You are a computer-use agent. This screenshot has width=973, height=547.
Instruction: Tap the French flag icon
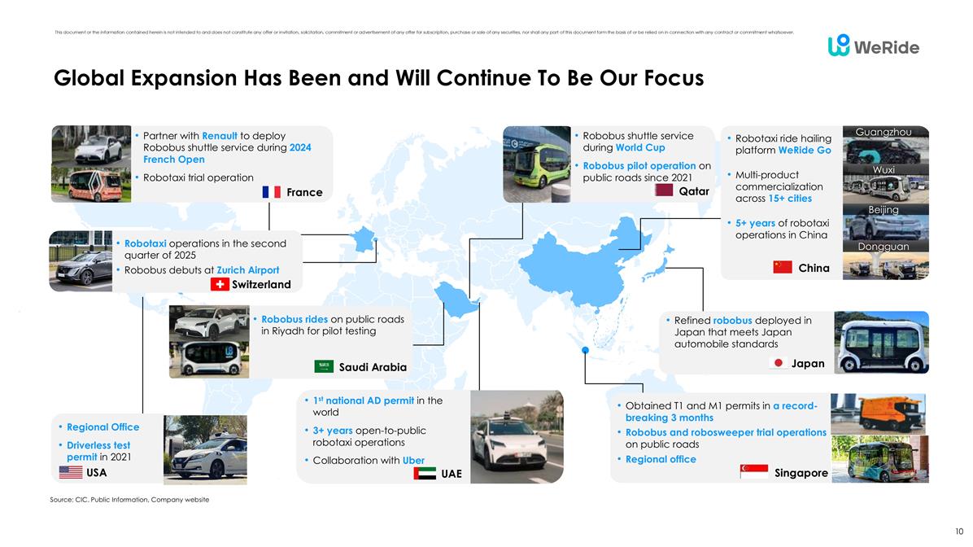tap(272, 193)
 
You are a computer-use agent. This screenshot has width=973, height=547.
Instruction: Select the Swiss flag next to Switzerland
tap(219, 284)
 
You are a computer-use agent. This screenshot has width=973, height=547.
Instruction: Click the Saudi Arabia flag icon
tap(324, 367)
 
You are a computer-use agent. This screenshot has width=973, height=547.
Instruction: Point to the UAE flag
tap(425, 474)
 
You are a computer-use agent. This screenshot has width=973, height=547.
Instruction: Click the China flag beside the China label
tap(782, 267)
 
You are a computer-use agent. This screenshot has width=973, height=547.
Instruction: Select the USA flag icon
tap(71, 472)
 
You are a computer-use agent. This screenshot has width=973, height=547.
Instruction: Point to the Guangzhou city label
tap(884, 132)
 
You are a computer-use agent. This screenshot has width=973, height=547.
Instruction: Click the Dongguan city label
tap(884, 246)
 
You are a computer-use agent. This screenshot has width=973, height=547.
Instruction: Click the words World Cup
tap(640, 148)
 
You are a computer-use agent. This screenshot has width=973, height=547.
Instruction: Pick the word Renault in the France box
tap(220, 135)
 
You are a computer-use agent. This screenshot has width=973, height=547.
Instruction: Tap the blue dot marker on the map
tap(585, 350)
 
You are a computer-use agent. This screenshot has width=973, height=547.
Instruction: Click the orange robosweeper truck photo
tap(878, 413)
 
